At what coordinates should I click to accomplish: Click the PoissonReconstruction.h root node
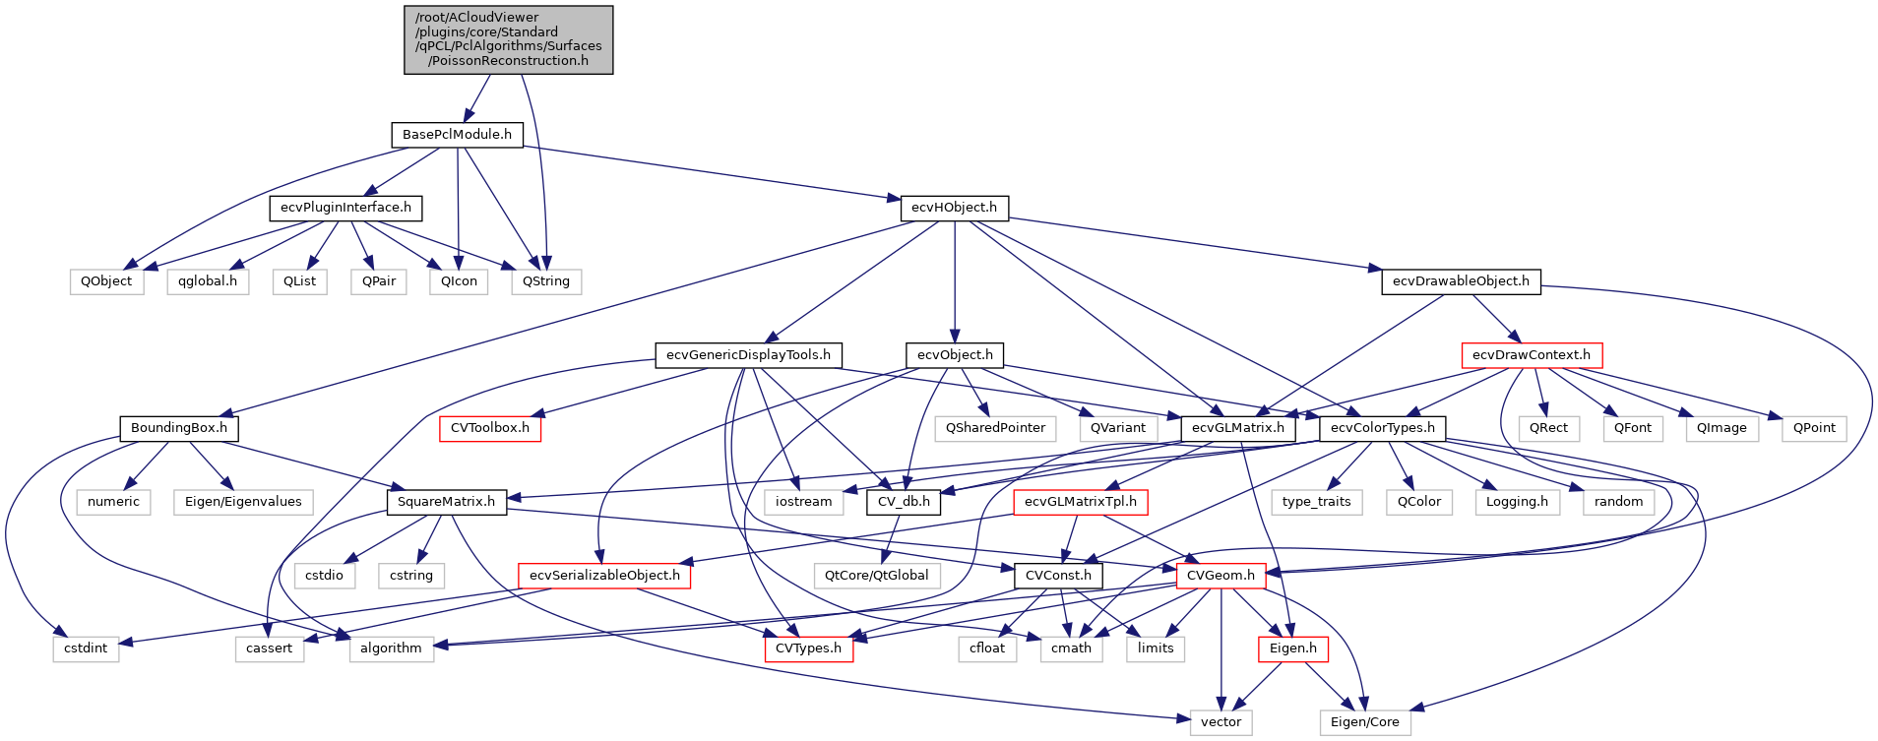(x=508, y=39)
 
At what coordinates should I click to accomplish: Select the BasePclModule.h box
(x=457, y=135)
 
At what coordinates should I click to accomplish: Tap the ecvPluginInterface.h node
(x=345, y=208)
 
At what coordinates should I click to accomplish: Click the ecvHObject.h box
(x=954, y=208)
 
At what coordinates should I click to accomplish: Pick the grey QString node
(x=546, y=281)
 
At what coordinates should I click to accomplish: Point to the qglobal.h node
(x=208, y=281)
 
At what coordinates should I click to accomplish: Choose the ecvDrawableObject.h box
(x=1461, y=281)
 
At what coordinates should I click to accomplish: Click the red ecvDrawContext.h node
(x=1532, y=355)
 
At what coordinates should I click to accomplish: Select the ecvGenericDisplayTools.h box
(x=748, y=355)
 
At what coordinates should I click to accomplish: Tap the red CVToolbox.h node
(x=489, y=428)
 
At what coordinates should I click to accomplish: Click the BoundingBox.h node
(x=179, y=428)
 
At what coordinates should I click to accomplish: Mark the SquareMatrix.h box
(x=446, y=502)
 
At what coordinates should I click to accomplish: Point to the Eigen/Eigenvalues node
(x=243, y=502)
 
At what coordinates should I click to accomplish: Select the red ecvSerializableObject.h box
(x=604, y=576)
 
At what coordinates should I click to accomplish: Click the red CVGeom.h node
(x=1221, y=576)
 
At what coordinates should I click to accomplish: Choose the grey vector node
(x=1221, y=722)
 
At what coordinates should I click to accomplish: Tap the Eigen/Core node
(x=1364, y=722)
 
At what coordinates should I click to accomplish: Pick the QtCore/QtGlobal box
(x=876, y=576)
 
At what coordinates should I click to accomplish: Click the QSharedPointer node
(x=995, y=428)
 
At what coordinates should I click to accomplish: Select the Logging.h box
(x=1517, y=502)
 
